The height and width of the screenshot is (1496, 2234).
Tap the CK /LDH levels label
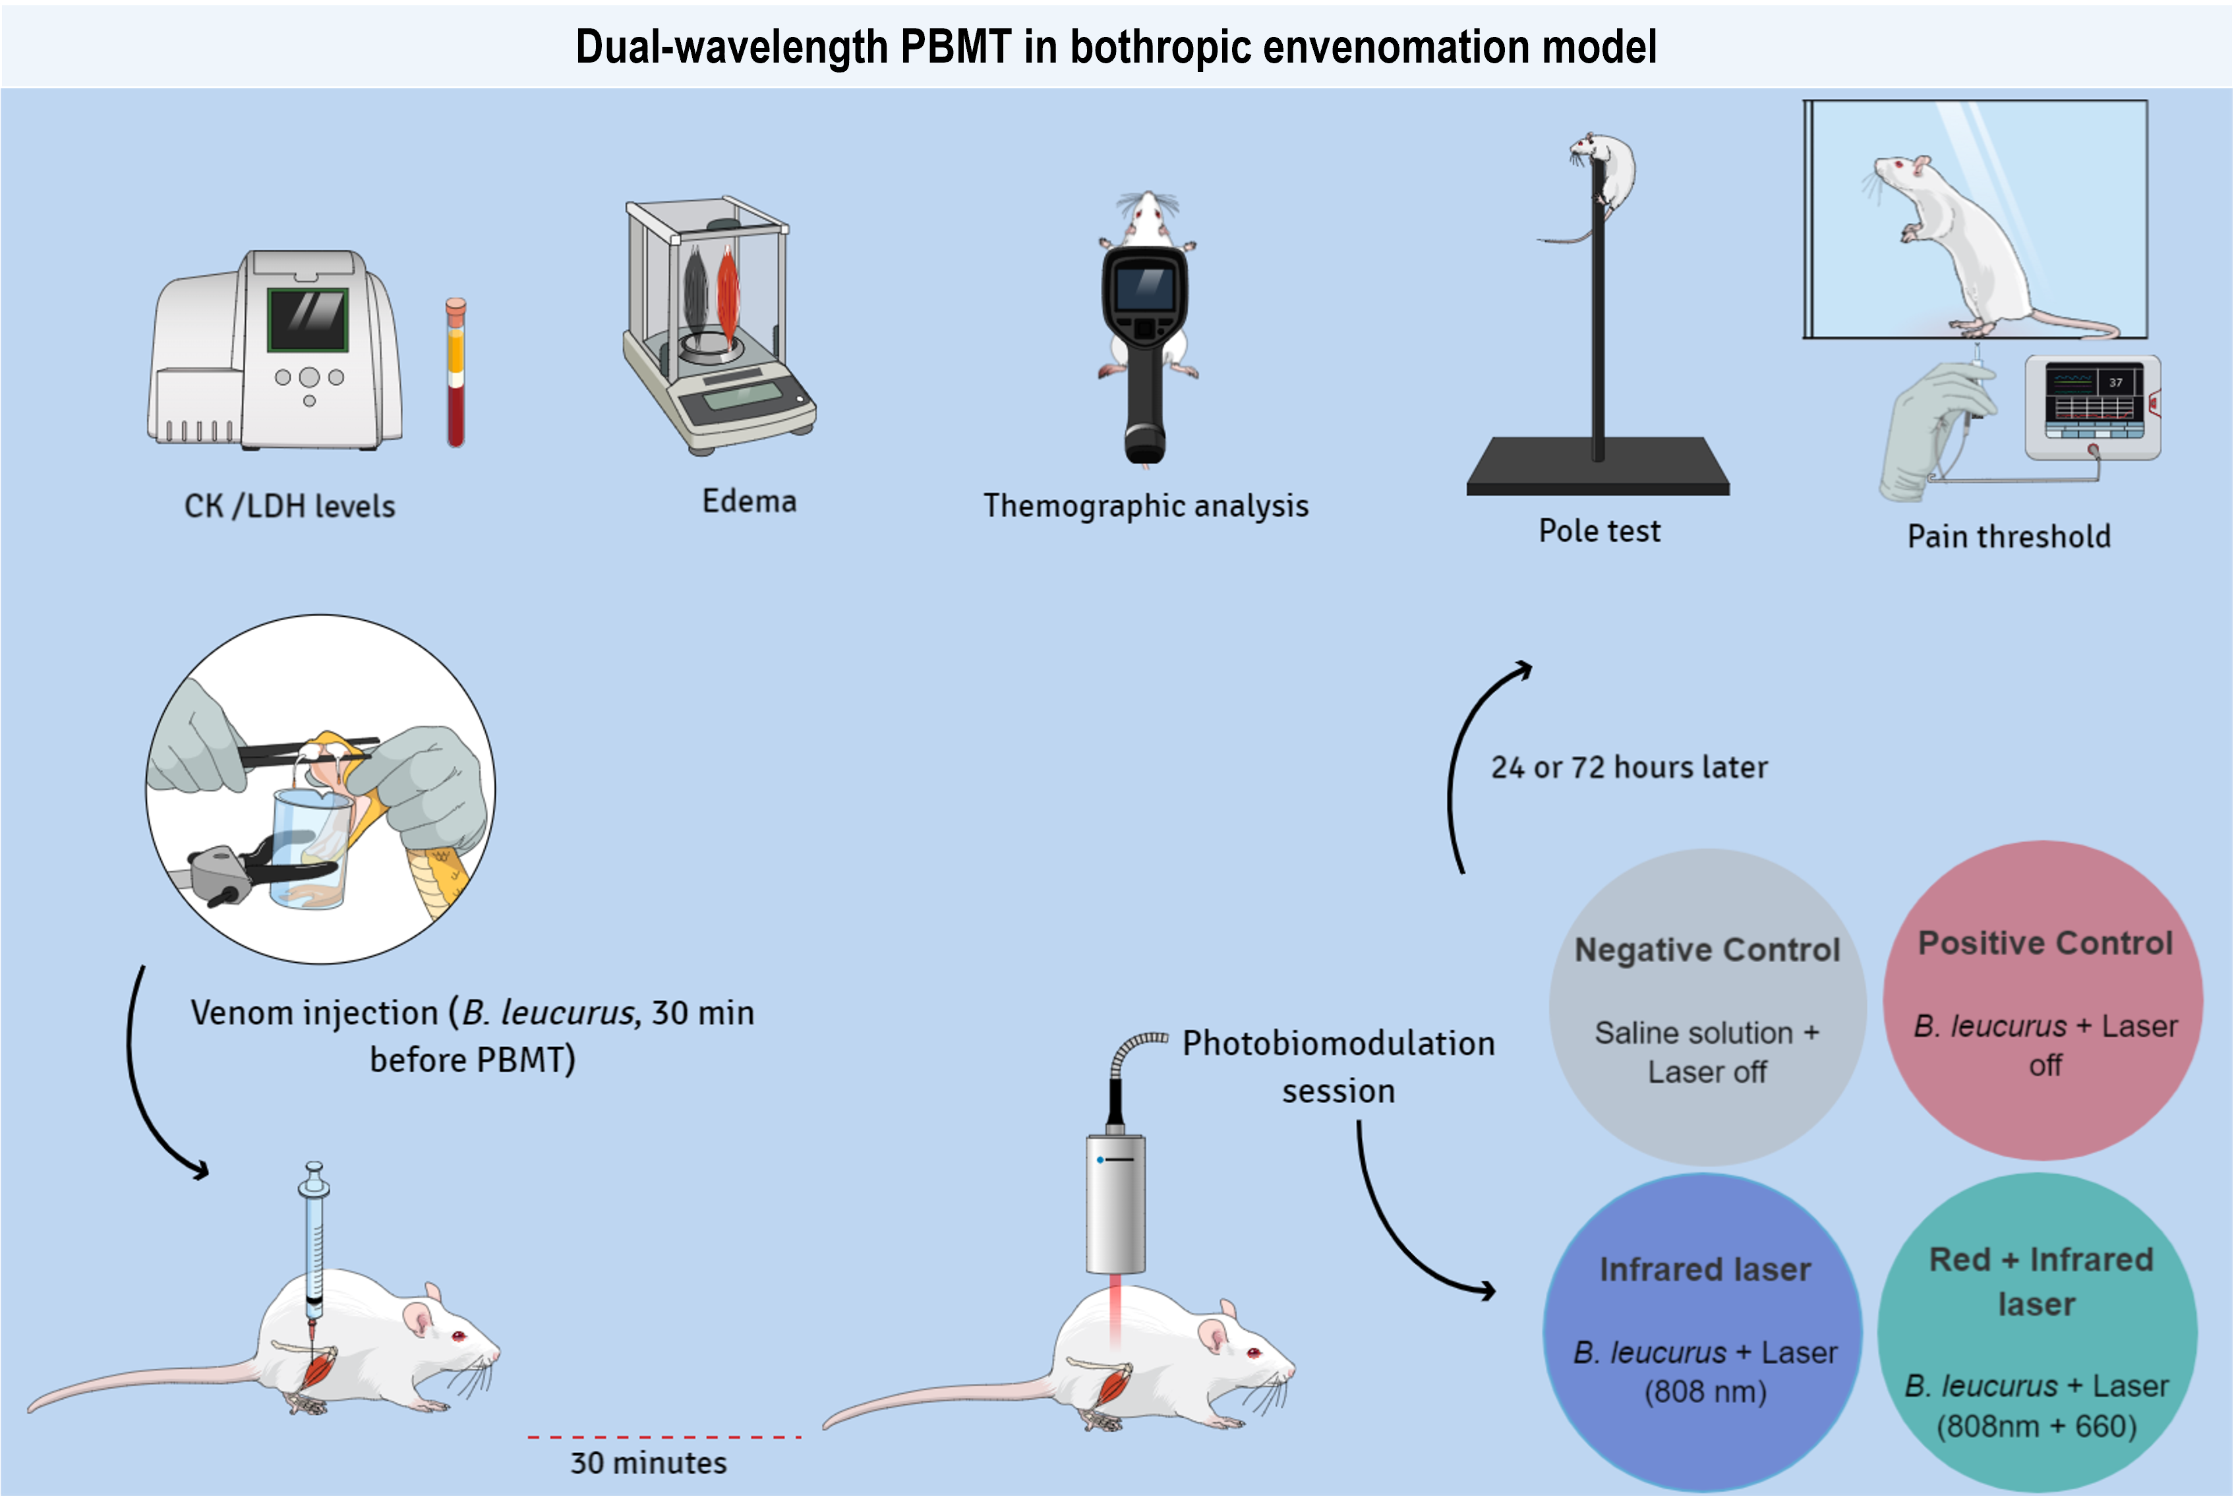coord(289,505)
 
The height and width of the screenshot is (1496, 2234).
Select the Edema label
coord(749,501)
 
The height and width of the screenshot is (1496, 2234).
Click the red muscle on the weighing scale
coord(728,296)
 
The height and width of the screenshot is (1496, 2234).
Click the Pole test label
coord(1599,531)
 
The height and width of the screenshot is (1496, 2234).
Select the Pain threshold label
coord(2009,536)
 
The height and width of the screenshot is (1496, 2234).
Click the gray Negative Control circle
coord(1707,1006)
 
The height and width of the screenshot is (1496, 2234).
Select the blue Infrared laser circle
coord(1703,1331)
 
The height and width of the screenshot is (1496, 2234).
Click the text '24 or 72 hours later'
coord(1629,767)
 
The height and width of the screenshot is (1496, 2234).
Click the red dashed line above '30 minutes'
coord(664,1437)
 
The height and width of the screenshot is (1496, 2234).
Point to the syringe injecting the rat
coord(314,1240)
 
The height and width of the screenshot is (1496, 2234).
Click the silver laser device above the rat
coord(1115,1204)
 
